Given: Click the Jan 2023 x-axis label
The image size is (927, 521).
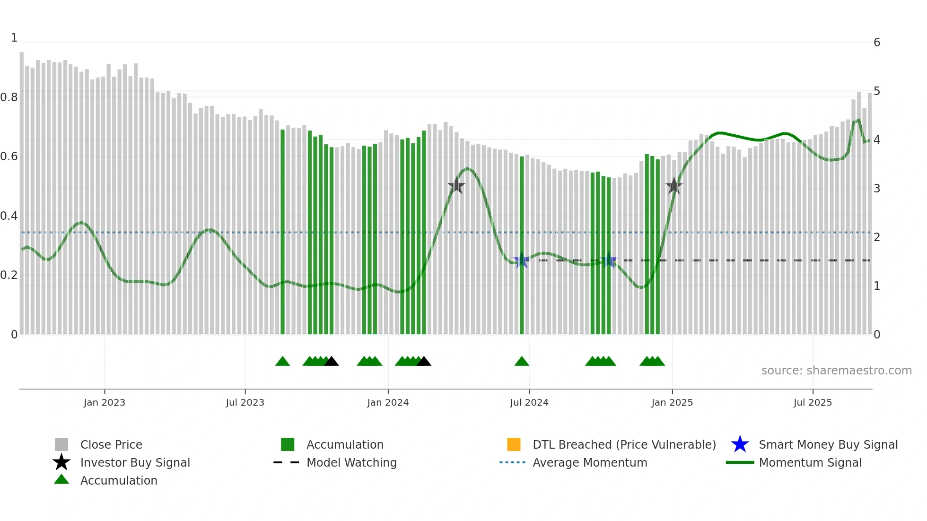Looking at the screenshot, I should pos(105,402).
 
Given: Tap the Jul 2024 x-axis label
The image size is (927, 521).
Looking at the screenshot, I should pos(529,402).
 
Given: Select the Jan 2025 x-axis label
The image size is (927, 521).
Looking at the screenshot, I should pos(672,402).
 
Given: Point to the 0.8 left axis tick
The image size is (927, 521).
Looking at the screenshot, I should pos(9,97).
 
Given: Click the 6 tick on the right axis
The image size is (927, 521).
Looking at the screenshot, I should pos(877,43).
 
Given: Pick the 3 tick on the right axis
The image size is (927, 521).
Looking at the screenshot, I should pos(877,189).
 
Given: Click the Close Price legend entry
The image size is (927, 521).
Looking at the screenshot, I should pos(111,444).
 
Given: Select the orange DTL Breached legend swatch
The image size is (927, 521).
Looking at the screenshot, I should pos(514,444).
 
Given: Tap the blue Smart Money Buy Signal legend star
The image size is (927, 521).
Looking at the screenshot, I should pos(740,444).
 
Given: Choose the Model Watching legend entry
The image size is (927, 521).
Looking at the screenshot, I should pos(351,462).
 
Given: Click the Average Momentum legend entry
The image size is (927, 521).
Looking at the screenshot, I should pos(589,462).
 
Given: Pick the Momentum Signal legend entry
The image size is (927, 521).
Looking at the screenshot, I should pos(810,462).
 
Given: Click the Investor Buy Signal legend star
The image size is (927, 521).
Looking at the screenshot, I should pos(61,462).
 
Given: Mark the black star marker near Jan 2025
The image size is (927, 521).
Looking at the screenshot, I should pos(673,186).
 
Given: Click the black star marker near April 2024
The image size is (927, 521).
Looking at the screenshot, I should pos(456,186).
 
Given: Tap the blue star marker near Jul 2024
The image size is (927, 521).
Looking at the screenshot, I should pos(521,260).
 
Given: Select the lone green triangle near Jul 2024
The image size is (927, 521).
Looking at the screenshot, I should pos(522,362).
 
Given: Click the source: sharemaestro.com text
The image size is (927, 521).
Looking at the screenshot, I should pos(836,370).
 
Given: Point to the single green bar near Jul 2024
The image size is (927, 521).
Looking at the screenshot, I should pos(522,246).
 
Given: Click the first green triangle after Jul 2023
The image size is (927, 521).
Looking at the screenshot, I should pos(282,362).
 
